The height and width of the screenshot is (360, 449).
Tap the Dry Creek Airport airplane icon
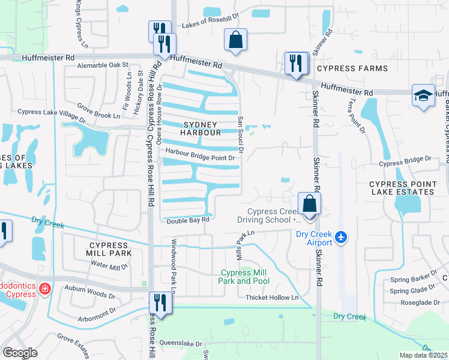click(x=342, y=238)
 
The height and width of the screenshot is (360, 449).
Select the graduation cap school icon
click(x=423, y=95)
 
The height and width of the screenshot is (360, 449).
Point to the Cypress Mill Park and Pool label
click(x=243, y=277)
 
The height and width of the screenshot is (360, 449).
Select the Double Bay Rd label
click(x=188, y=220)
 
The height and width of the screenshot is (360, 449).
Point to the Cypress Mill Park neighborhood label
click(x=108, y=250)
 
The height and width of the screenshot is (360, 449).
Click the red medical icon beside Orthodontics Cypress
click(x=44, y=290)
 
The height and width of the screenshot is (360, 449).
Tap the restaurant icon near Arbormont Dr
click(x=160, y=301)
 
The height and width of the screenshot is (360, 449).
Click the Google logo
click(x=20, y=353)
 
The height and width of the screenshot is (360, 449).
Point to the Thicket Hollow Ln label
click(x=271, y=298)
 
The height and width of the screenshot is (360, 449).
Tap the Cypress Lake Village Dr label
click(x=52, y=112)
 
